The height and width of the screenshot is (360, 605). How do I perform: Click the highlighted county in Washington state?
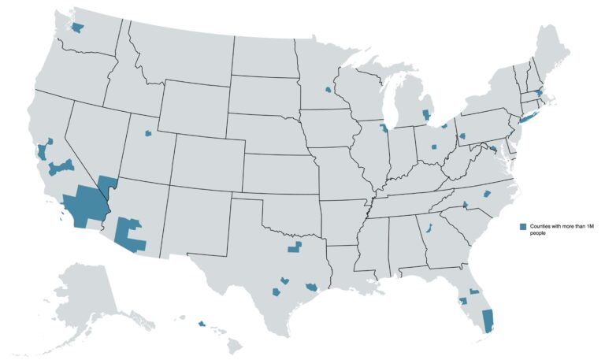[x=77, y=28]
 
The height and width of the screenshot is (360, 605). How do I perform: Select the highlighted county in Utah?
[x=147, y=133]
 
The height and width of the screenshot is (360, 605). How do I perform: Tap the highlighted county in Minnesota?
[x=327, y=90]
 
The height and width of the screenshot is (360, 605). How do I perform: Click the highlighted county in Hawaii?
[x=202, y=323]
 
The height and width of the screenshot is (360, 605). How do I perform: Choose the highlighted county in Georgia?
[x=429, y=228]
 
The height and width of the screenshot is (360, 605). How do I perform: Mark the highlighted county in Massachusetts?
[x=539, y=94]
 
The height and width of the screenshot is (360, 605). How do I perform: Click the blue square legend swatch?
[x=522, y=227]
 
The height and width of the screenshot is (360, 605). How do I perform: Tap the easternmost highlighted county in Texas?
[x=312, y=286]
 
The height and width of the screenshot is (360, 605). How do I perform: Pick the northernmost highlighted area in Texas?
[x=295, y=248]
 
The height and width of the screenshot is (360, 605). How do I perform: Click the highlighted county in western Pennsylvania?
[x=462, y=136]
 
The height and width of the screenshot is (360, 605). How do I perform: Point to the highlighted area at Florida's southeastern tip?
[x=487, y=320]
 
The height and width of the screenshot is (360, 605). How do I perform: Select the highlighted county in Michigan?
[x=426, y=115]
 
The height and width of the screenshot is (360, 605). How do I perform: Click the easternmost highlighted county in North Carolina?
[x=486, y=193]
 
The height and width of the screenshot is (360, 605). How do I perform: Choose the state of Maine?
[x=552, y=55]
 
